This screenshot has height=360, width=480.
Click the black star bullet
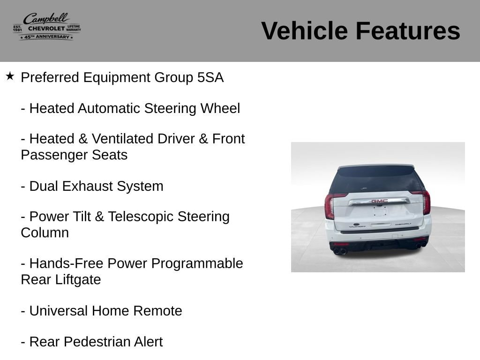(10, 76)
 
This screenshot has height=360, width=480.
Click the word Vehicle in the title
(304, 30)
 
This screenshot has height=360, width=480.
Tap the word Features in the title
(408, 30)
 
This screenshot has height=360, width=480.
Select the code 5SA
(210, 77)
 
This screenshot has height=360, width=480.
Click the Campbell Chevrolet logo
(47, 26)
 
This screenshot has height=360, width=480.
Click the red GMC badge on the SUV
(380, 201)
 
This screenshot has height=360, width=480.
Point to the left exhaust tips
(340, 252)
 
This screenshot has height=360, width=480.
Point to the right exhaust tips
(421, 245)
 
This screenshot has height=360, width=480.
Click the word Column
(45, 233)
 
